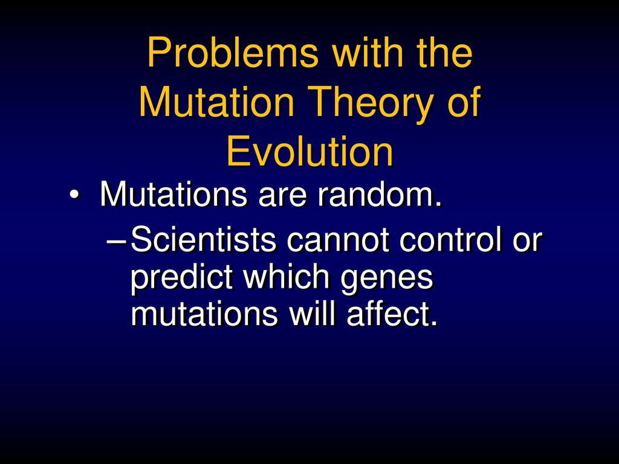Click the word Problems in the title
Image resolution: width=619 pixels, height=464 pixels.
click(x=233, y=53)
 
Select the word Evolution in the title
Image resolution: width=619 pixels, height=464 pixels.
click(x=310, y=152)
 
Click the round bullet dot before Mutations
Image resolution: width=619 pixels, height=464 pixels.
click(x=74, y=195)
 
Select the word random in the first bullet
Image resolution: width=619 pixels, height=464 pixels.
click(x=380, y=194)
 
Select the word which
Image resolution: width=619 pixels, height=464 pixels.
click(x=287, y=276)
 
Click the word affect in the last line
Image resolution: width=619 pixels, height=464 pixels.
click(x=392, y=314)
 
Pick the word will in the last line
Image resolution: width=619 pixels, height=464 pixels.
click(x=313, y=314)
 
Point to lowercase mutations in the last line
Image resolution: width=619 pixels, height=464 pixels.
click(x=204, y=315)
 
